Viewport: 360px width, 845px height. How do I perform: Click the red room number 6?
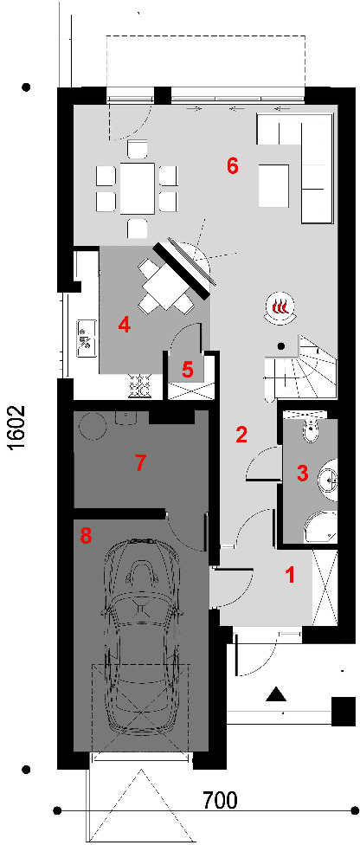point(232,166)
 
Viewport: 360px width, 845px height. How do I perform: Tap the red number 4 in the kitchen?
point(125,325)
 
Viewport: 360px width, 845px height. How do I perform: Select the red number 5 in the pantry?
point(187,370)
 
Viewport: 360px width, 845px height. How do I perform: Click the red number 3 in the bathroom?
point(302,474)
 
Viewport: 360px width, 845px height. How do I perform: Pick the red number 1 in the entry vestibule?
point(291,575)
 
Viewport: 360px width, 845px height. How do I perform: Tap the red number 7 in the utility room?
point(140,462)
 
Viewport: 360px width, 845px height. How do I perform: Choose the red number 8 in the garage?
point(86,536)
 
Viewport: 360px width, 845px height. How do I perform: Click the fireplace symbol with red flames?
point(280,309)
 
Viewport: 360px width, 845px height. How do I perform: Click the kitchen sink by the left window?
point(87,339)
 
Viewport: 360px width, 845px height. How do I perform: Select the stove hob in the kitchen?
point(138,386)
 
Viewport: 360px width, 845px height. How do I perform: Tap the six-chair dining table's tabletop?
point(138,189)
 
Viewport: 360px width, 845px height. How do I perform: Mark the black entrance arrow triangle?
point(276,694)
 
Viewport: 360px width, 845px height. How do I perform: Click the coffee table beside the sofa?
point(277,186)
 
